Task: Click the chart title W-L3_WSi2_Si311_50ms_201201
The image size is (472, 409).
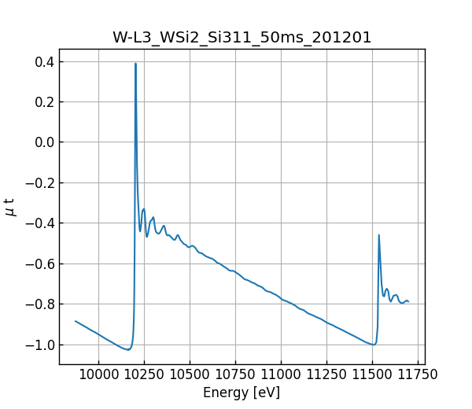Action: tap(242, 37)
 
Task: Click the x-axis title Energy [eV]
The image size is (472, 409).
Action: tap(242, 392)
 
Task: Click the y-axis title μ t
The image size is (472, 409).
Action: tap(10, 206)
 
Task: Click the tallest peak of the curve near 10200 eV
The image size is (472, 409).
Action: tap(135, 64)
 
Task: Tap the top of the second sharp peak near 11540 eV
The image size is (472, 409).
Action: tap(378, 235)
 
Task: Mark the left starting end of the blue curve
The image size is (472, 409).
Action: tap(76, 321)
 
